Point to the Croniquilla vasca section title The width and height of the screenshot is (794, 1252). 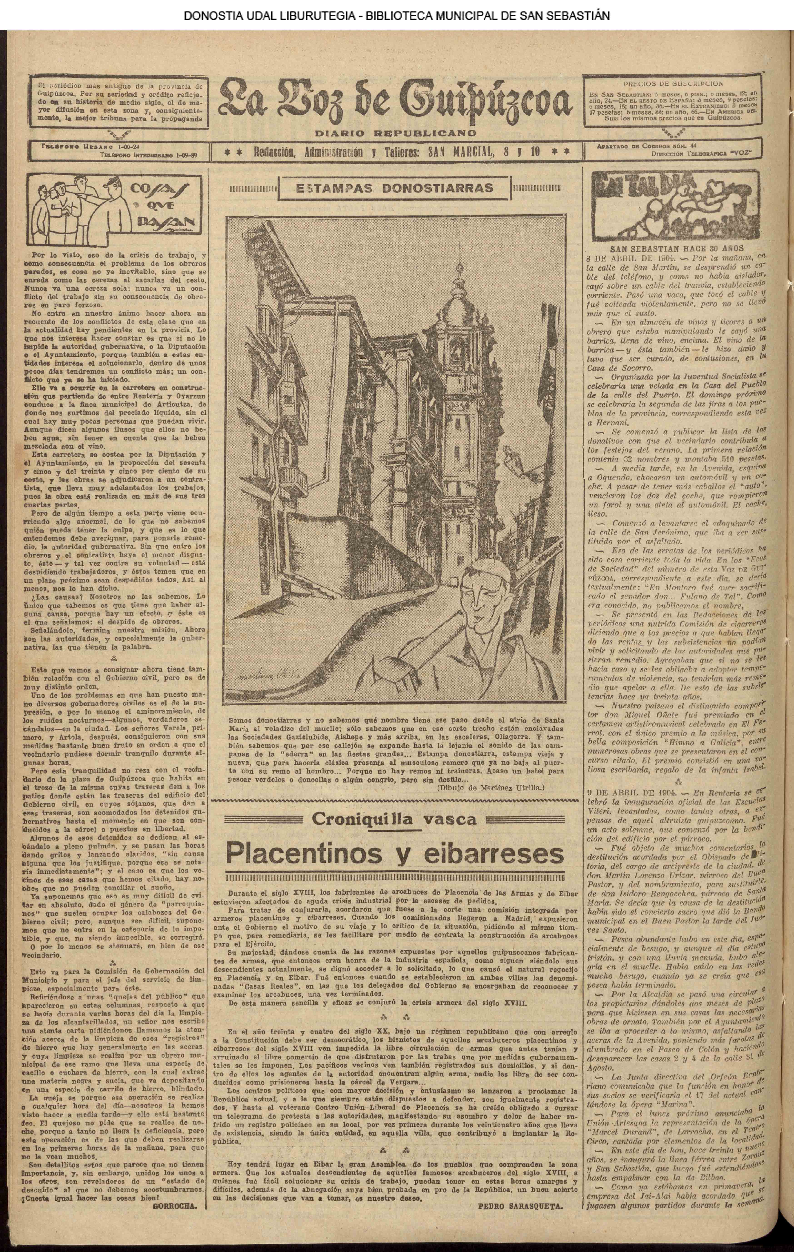(394, 819)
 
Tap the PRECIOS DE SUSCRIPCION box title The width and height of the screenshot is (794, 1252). (673, 83)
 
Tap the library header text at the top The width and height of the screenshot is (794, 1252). (396, 16)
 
